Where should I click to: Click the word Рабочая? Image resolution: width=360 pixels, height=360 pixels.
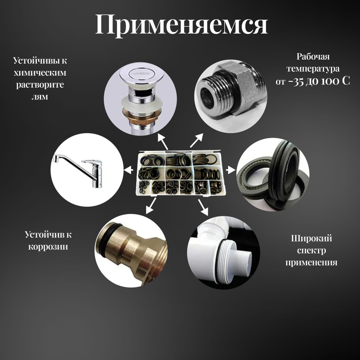tap(313, 57)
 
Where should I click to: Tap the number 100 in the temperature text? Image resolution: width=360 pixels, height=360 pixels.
tap(325, 81)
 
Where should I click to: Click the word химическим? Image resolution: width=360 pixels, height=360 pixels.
tap(40, 73)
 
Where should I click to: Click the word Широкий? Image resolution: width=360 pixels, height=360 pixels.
tap(311, 238)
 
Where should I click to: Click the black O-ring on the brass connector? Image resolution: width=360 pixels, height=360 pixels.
tap(104, 236)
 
